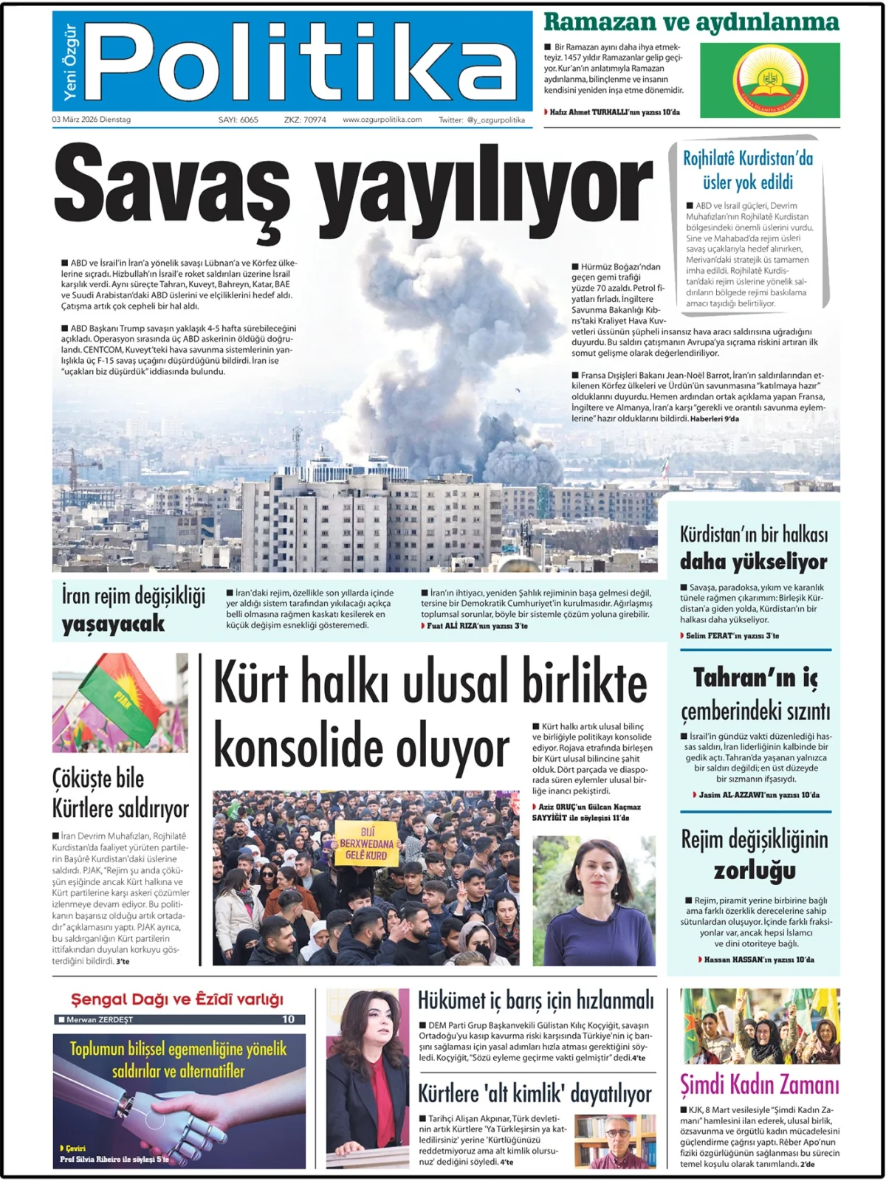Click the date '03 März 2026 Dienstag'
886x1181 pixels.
click(x=91, y=120)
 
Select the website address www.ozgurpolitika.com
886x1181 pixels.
click(x=382, y=120)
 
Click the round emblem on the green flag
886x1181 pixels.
click(x=769, y=80)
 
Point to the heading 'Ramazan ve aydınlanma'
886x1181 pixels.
click(x=691, y=22)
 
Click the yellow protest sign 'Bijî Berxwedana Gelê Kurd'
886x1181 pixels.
click(x=367, y=844)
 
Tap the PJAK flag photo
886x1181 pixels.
click(x=120, y=703)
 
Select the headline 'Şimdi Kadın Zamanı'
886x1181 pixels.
click(x=759, y=1085)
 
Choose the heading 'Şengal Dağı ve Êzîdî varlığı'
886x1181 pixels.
click(x=177, y=999)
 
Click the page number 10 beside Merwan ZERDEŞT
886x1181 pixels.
click(x=288, y=1019)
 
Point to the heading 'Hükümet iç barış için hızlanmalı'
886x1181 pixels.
click(x=535, y=1001)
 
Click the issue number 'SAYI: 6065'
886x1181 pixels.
click(x=238, y=120)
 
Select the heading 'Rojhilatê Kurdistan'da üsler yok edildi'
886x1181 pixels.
click(x=747, y=170)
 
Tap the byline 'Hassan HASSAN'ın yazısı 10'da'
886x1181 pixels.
click(x=758, y=960)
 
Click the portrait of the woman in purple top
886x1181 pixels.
click(x=594, y=901)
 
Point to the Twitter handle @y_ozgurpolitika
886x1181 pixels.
click(x=481, y=120)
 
